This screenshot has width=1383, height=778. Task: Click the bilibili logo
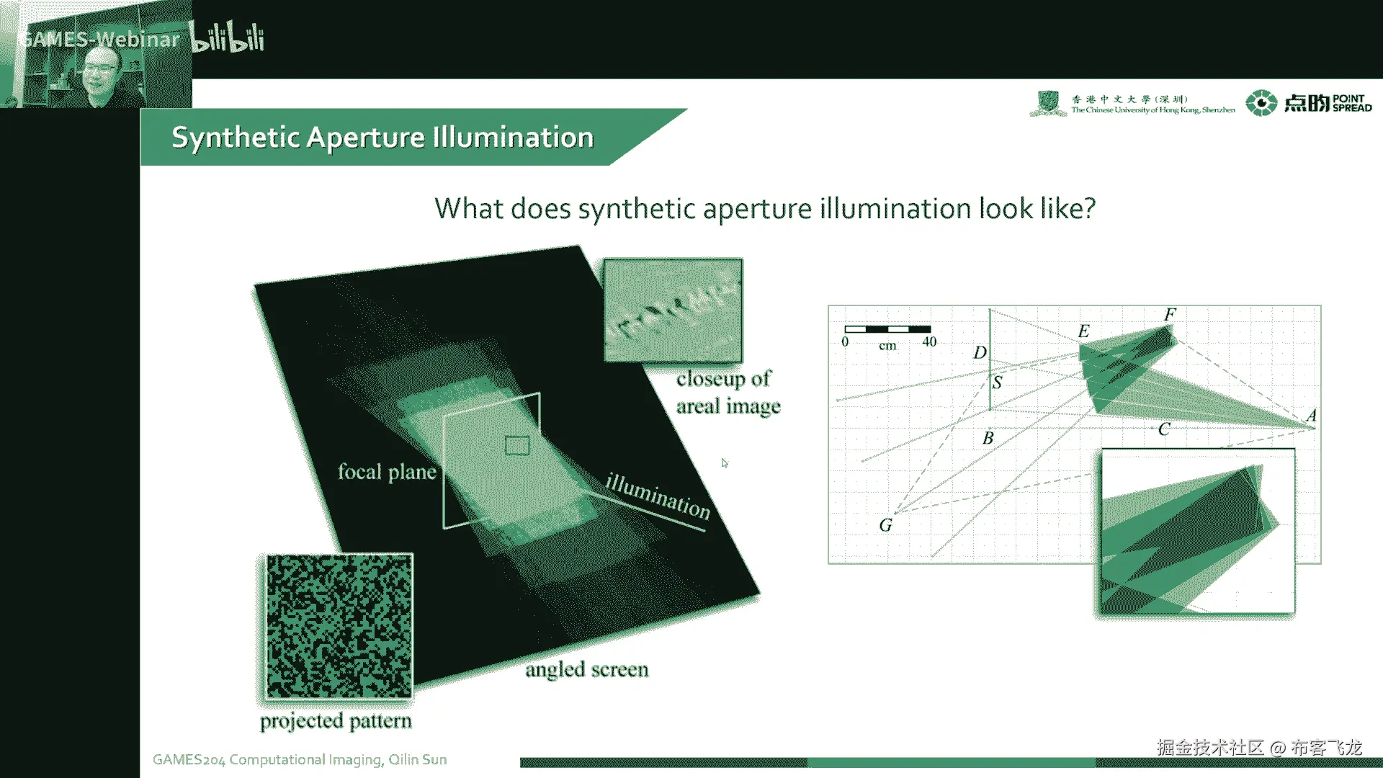point(227,37)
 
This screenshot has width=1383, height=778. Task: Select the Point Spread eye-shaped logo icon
point(1261,103)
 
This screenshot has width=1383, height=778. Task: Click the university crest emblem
point(1048,103)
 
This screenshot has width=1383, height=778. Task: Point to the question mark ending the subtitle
point(1088,208)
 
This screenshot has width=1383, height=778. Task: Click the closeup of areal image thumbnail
point(673,310)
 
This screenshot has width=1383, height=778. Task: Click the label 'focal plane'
point(387,472)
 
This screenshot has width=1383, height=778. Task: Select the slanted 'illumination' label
point(658,496)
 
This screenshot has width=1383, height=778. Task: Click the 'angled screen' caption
point(586,670)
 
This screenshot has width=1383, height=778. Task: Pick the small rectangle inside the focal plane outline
point(517,446)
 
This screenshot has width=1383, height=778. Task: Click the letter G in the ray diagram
point(885,525)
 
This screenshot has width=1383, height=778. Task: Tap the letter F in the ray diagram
point(1170,315)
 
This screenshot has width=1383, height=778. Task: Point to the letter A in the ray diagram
point(1311,416)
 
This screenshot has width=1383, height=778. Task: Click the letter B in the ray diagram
point(988,438)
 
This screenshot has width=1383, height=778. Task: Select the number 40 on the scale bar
point(929,342)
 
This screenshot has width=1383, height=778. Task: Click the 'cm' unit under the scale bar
point(887,346)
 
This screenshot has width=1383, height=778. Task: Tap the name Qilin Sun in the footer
point(418,759)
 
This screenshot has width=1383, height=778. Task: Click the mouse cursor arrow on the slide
point(725,463)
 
